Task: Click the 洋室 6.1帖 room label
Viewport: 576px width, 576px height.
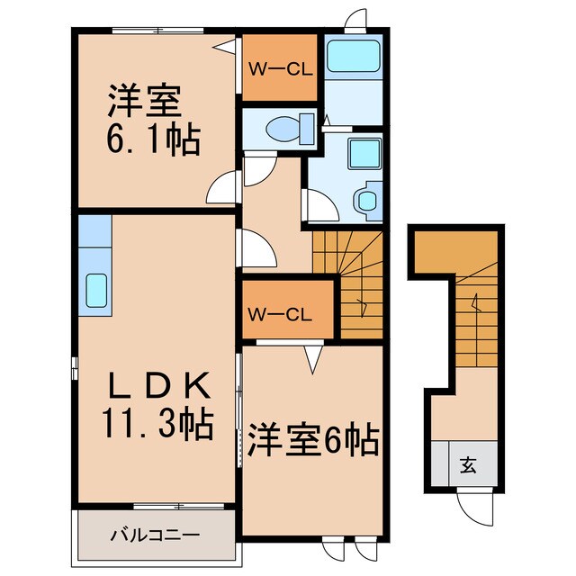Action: click(148, 121)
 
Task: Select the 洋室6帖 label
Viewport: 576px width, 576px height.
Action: click(312, 441)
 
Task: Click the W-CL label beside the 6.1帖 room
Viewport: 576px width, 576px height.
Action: click(281, 67)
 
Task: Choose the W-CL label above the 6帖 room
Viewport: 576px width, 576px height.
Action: click(281, 314)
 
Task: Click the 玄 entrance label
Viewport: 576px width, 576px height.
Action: click(469, 465)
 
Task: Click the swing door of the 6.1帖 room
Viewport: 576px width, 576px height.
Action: click(223, 186)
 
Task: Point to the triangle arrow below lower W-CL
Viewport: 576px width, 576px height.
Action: click(312, 361)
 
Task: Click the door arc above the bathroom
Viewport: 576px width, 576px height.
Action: click(357, 18)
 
